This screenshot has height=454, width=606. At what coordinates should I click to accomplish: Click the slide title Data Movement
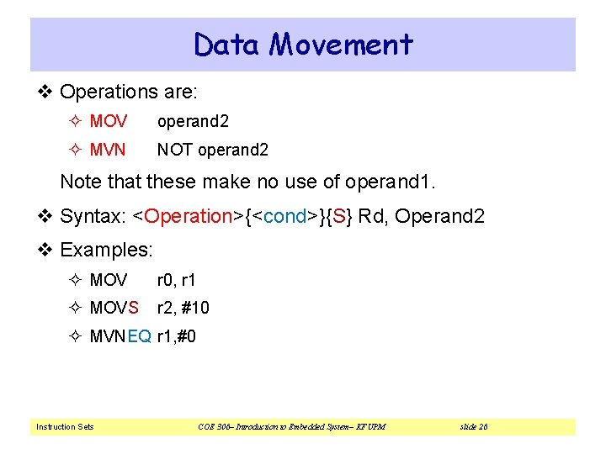[303, 44]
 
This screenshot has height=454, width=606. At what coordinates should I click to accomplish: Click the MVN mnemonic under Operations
[107, 150]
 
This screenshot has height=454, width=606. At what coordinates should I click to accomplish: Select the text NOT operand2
[213, 150]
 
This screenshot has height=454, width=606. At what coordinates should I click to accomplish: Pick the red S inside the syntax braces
[338, 216]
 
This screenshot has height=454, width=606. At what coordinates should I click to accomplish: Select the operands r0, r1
[176, 279]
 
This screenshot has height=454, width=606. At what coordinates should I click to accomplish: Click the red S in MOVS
[134, 308]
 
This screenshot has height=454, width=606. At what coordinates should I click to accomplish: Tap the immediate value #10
[194, 308]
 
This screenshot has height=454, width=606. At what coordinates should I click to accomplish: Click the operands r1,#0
[177, 336]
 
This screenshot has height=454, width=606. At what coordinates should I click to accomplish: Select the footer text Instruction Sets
[65, 427]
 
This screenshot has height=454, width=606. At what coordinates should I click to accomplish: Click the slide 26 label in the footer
[474, 427]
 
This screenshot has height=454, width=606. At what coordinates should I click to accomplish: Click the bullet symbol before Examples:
[47, 251]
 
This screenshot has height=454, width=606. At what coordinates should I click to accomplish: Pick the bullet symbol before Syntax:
[47, 216]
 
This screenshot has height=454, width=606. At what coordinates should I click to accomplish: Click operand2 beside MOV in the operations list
[193, 121]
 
